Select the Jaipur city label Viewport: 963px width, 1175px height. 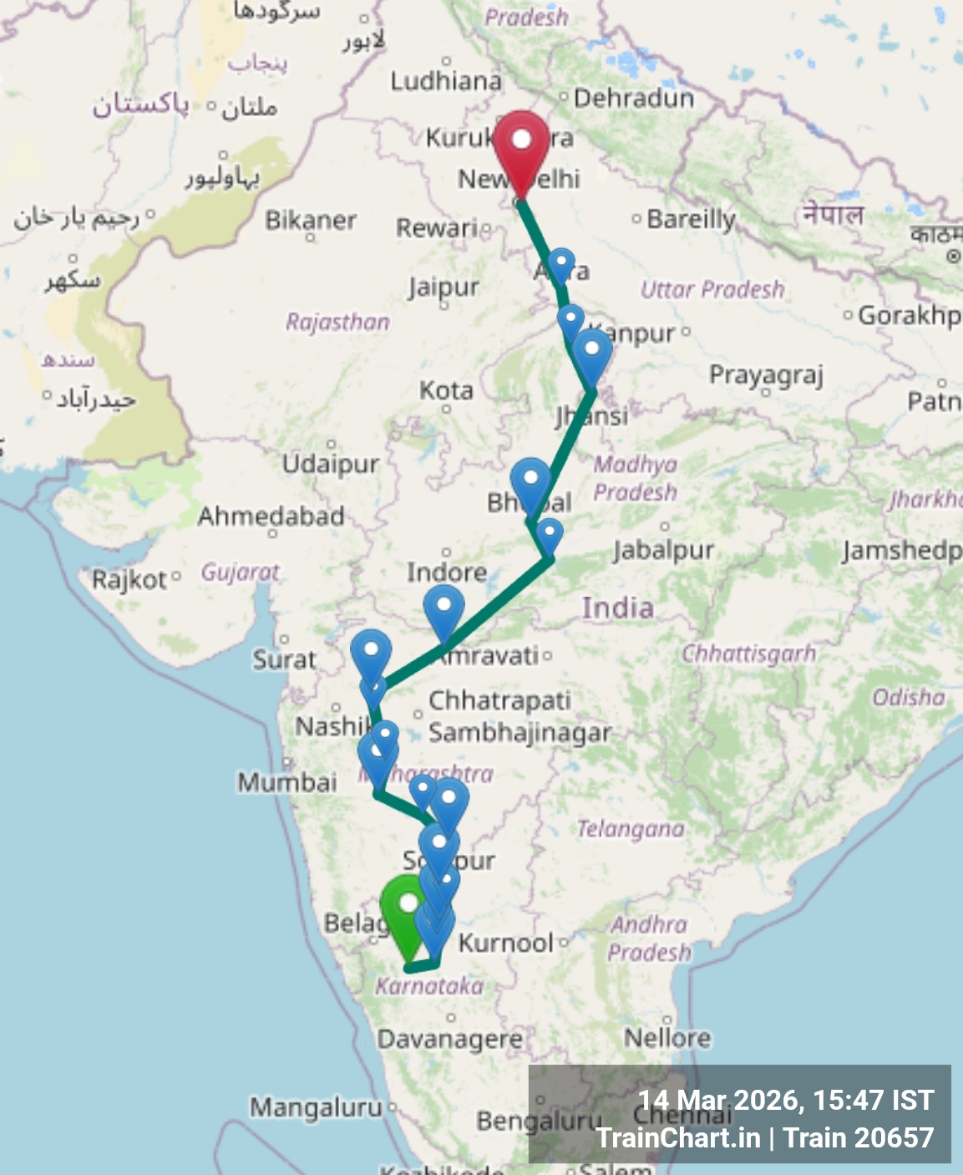click(x=443, y=287)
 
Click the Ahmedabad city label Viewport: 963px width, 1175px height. click(x=271, y=516)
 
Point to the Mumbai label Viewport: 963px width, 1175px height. click(x=287, y=782)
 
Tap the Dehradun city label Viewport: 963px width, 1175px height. click(x=633, y=99)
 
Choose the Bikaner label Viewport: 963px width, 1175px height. click(x=311, y=220)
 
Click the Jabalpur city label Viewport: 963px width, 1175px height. click(x=664, y=549)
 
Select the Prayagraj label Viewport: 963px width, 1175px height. click(x=766, y=375)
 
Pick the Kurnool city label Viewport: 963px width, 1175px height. click(x=506, y=943)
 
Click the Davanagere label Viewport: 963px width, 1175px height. click(x=450, y=1040)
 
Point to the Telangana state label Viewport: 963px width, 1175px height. click(x=631, y=829)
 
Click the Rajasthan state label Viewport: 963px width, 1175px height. click(x=337, y=322)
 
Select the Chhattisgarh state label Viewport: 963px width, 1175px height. click(x=748, y=653)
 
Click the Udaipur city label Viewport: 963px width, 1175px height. click(x=331, y=463)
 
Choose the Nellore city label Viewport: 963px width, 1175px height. click(x=667, y=1037)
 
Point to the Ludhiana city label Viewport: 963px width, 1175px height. click(x=446, y=80)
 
